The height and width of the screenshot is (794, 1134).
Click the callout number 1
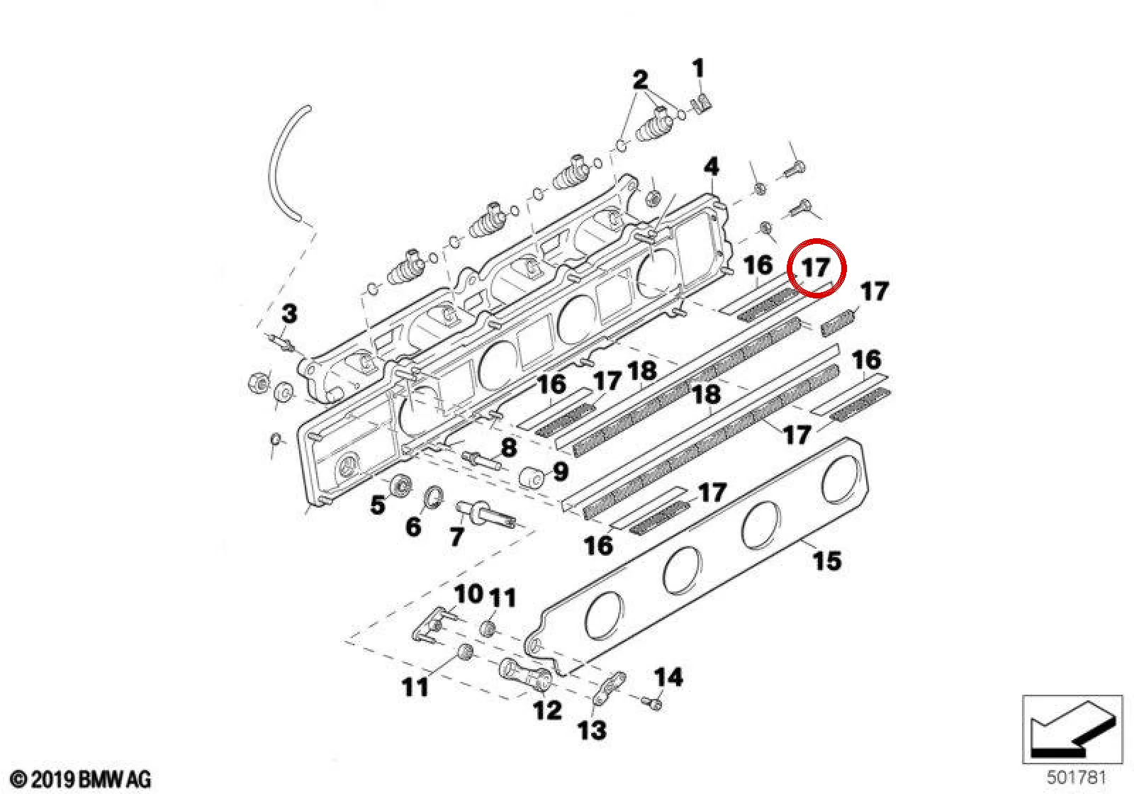[699, 68]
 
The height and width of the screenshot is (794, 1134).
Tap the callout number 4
[712, 167]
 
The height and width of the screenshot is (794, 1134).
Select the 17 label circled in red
[816, 267]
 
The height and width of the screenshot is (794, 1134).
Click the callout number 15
[826, 561]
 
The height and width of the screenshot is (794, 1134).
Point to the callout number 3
[289, 313]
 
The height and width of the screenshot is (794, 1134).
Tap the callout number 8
[508, 447]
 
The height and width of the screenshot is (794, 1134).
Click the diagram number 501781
[1076, 777]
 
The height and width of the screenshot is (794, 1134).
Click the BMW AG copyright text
[81, 779]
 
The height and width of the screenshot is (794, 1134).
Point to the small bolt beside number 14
[651, 703]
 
